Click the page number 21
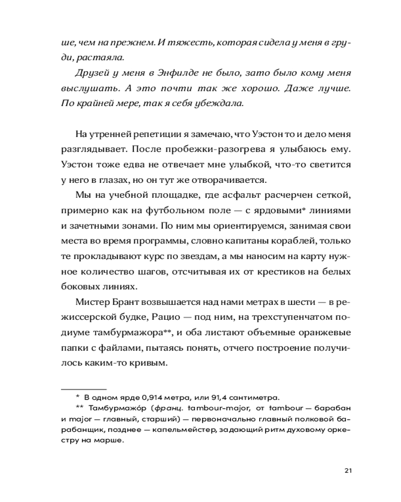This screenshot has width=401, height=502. (349, 470)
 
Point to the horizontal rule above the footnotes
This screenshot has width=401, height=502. (84, 388)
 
